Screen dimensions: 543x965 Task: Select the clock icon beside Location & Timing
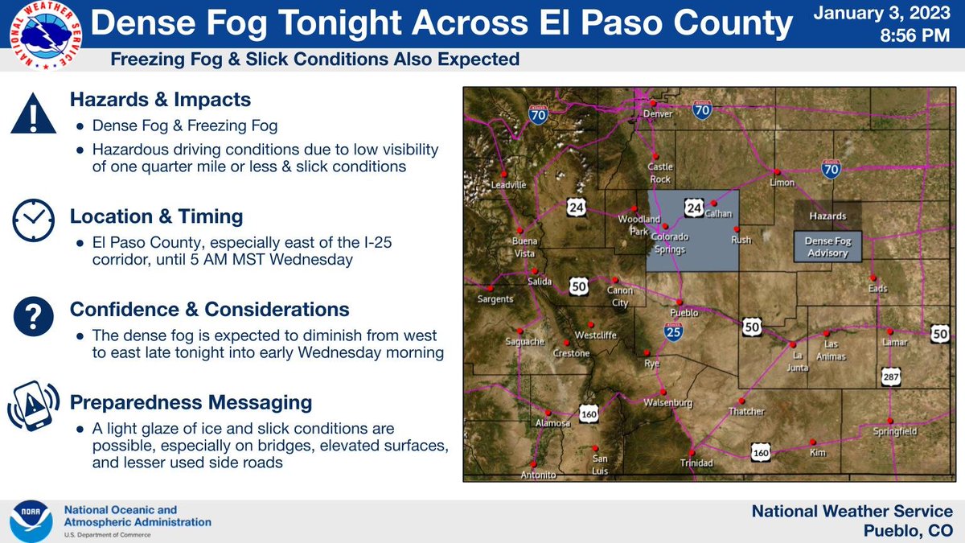click(33, 218)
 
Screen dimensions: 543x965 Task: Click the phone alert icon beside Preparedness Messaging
click(33, 406)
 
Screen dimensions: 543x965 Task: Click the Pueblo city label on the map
click(684, 312)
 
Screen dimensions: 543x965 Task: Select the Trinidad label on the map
click(696, 463)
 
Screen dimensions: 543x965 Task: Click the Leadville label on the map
click(507, 184)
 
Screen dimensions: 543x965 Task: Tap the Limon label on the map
click(781, 183)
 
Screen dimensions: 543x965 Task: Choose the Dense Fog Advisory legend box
click(827, 247)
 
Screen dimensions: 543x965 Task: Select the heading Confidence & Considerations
click(209, 309)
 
